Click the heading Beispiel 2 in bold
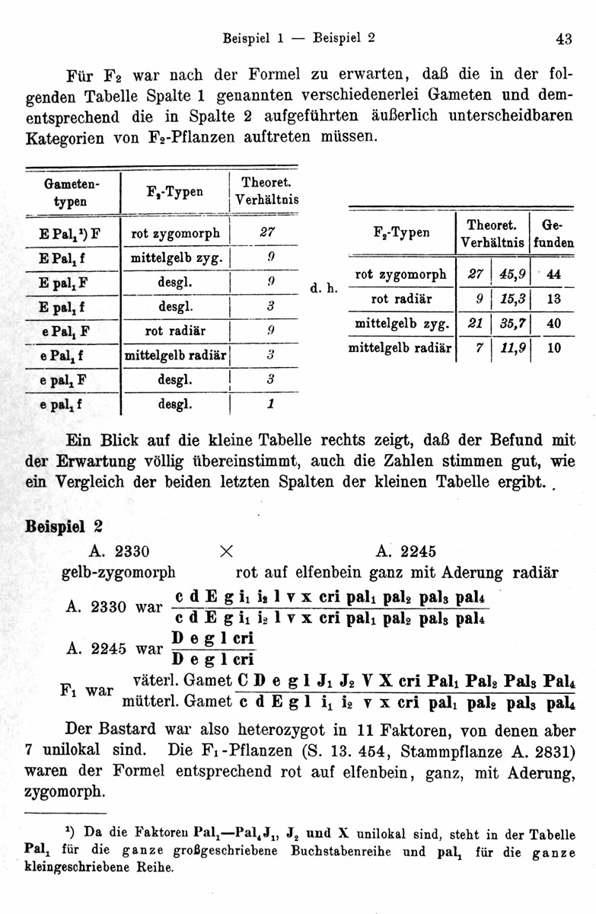tap(64, 526)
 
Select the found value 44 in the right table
tap(553, 275)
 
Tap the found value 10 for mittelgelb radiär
tap(553, 348)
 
